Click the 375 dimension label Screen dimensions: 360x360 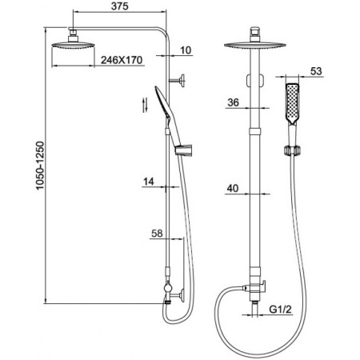point(120,6)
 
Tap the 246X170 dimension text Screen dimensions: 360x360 point(122,60)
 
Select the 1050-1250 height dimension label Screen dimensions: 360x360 point(40,166)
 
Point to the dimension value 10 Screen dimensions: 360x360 point(186,50)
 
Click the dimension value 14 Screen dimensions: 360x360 point(149,182)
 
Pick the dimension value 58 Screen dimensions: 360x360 point(157,234)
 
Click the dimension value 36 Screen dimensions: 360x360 point(234,102)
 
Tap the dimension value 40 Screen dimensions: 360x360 point(233,188)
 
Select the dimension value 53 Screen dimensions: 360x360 point(316,71)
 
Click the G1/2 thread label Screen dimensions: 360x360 point(280,310)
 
